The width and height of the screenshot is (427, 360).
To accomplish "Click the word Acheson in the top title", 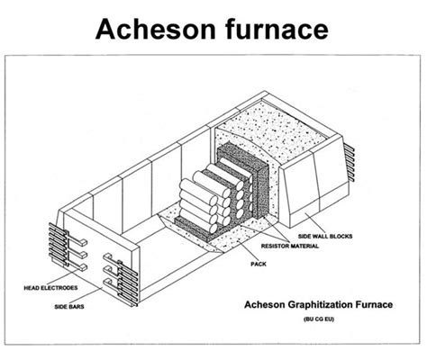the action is [x=156, y=29].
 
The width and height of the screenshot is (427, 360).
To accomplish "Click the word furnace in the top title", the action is [x=277, y=29].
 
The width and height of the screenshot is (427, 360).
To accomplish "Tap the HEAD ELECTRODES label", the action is [x=50, y=288].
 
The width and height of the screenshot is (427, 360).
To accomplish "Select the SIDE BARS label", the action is [x=69, y=307].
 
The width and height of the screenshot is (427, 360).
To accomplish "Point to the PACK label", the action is [x=259, y=264].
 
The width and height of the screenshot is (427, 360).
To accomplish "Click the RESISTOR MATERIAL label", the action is [x=290, y=246].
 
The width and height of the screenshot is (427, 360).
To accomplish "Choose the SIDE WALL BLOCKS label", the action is [x=325, y=236].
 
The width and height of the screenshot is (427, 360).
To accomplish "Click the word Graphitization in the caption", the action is [x=320, y=305].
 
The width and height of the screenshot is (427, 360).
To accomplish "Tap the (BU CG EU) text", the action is [x=319, y=319].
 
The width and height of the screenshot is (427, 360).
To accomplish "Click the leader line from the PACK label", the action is [x=247, y=251].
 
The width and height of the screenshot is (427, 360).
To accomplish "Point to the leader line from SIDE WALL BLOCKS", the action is [x=314, y=222].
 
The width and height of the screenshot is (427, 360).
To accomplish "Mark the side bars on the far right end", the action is [x=350, y=162].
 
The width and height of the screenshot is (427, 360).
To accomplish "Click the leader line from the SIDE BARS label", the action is [x=87, y=295].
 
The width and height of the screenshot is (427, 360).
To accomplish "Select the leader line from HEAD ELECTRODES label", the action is [x=61, y=276].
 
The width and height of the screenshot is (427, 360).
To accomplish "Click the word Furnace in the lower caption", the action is [x=374, y=305].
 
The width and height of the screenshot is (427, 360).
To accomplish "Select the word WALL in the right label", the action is [x=320, y=236].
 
